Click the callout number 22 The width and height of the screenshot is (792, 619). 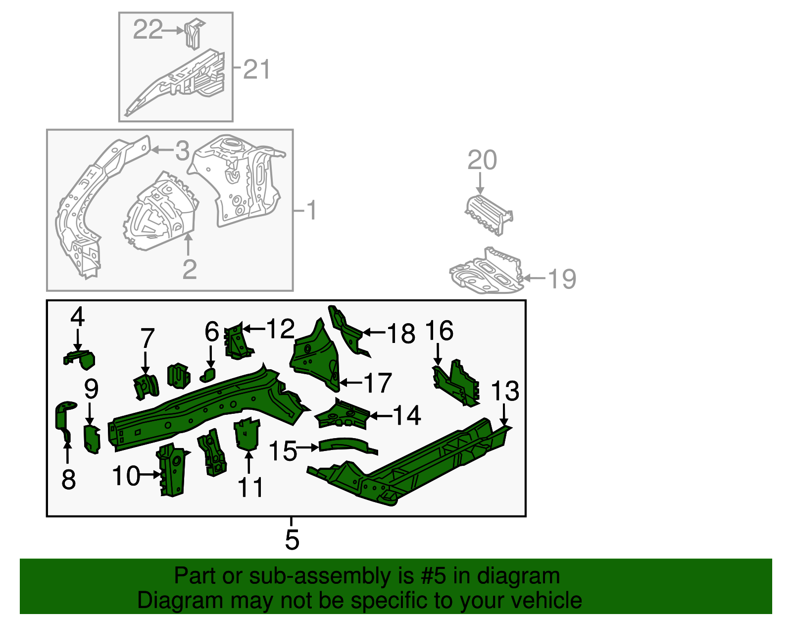pos(148,30)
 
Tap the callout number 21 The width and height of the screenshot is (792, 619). pos(257,69)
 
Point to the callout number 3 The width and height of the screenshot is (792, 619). pos(182,151)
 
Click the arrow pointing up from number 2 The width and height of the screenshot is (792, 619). pos(188,245)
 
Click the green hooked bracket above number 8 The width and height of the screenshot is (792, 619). pos(63,419)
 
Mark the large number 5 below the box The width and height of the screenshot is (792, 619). pos(292,539)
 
